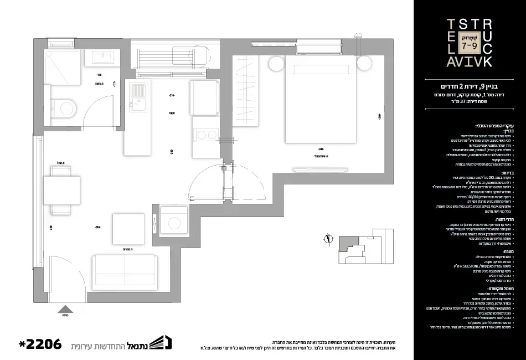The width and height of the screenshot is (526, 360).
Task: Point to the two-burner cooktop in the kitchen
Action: [x=205, y=135]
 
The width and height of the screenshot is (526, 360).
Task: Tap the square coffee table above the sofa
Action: [x=128, y=228]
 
